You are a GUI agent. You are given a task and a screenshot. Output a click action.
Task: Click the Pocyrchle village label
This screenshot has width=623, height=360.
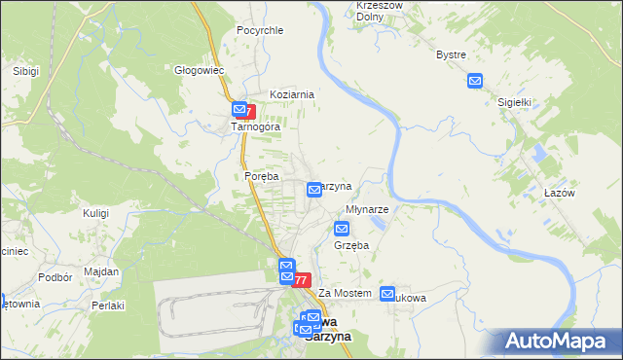pos(260,30)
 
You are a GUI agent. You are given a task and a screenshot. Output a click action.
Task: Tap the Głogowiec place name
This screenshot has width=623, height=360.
pos(200,70)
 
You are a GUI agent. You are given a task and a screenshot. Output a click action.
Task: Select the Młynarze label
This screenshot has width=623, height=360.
pos(368,209)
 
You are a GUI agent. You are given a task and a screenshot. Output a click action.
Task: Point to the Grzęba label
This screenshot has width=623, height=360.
pos(351,246)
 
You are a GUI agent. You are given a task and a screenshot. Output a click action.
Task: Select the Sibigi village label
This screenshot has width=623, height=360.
pos(25,71)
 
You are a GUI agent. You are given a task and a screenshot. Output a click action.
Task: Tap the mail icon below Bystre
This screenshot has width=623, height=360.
pos(474,81)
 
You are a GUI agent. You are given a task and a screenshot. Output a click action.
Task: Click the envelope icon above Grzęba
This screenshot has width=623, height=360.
pos(342,230)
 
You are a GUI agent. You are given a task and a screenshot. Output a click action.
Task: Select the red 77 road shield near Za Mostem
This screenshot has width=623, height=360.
pos(302,280)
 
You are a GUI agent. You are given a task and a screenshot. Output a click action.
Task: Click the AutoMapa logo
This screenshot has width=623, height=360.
pos(558,342)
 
